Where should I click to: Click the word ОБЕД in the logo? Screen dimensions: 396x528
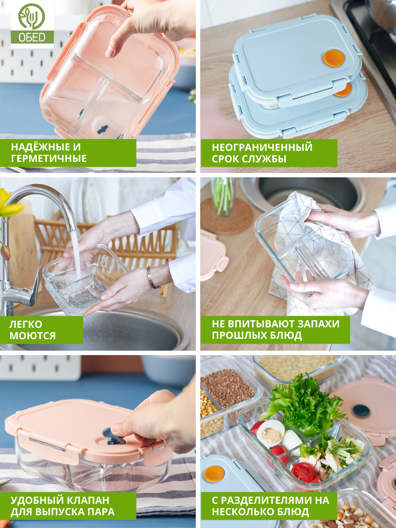32,37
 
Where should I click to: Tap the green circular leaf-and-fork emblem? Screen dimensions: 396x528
32,16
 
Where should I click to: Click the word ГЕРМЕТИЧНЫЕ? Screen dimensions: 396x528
49,158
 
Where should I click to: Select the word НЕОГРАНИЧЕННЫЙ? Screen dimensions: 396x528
262,147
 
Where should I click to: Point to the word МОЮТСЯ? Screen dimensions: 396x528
33,336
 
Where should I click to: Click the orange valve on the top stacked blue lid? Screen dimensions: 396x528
334,58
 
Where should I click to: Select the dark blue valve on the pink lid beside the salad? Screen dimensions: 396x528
361,411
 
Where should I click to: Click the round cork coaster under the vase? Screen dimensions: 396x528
227,215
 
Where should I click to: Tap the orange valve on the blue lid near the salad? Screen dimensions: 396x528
214,473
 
